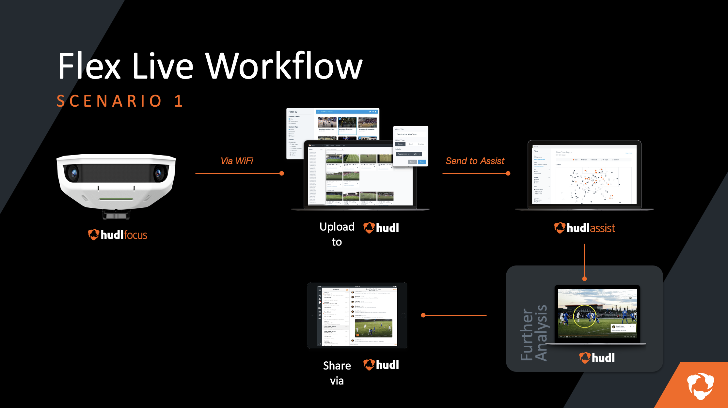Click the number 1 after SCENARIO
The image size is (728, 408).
coord(178,101)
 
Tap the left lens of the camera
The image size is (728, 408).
coord(72,173)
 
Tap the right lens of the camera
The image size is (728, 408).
coord(159,173)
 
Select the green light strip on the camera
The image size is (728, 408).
coord(116,199)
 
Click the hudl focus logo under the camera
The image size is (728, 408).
coord(118,235)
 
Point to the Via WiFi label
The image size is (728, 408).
coord(237,161)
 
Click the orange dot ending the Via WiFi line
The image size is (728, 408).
coord(282,174)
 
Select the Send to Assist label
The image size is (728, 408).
coord(475,161)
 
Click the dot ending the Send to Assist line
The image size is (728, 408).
coord(508,174)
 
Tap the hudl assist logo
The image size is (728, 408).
coord(584,228)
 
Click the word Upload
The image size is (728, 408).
coord(337,227)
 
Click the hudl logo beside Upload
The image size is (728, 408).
coord(381,228)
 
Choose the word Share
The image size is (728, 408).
coord(337,366)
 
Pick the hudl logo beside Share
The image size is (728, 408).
coord(381,365)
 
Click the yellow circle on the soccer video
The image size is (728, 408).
coord(585,316)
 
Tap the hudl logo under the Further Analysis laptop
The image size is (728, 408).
coord(597,358)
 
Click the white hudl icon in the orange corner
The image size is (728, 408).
coord(701,386)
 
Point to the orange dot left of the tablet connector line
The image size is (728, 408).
coord(423,315)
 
